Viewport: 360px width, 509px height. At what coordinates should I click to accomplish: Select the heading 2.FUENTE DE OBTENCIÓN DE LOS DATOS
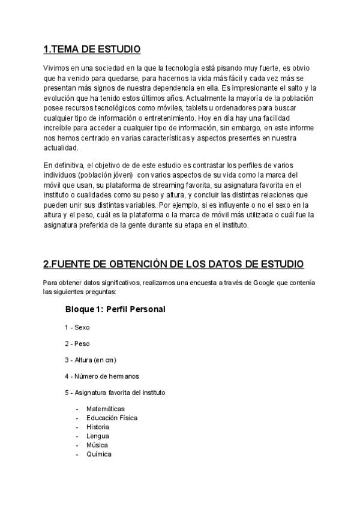point(173,264)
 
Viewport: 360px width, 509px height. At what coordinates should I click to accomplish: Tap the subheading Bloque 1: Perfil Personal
point(115,310)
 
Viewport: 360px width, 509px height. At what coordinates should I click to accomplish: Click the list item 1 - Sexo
point(77,328)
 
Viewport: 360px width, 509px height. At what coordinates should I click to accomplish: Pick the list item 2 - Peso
point(77,344)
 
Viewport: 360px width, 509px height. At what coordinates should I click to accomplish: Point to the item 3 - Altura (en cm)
point(91,360)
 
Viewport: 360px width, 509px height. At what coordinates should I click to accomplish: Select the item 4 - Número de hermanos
point(102,376)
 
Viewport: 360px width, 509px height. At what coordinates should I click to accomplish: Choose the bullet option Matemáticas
point(106,409)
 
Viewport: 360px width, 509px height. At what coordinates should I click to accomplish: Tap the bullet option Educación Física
point(112,418)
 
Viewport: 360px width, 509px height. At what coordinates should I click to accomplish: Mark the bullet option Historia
point(98,427)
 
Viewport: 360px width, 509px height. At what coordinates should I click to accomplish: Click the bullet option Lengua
point(98,436)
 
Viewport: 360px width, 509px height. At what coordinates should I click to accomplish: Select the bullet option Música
point(97,445)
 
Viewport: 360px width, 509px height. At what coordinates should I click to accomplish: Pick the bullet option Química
point(98,454)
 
